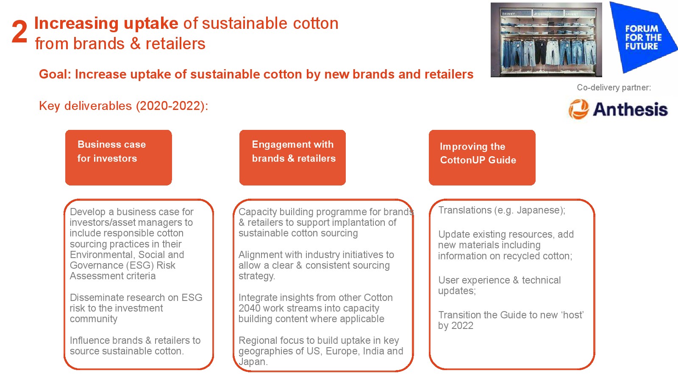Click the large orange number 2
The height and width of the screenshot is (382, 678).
click(19, 32)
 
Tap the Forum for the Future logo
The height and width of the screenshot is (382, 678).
click(643, 37)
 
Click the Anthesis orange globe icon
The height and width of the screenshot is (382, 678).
click(578, 110)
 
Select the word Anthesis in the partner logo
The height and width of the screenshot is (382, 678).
click(630, 110)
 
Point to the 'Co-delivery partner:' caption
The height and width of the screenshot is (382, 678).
click(614, 87)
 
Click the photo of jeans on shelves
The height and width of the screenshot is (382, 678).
click(546, 40)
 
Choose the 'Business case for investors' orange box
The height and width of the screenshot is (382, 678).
click(119, 157)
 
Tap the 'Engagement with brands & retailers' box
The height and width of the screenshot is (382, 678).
click(292, 157)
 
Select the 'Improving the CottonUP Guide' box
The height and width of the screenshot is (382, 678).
click(482, 157)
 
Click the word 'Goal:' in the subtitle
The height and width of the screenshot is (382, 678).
click(55, 74)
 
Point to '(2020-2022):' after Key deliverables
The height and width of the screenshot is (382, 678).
click(172, 106)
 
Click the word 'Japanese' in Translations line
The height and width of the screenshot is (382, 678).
click(538, 210)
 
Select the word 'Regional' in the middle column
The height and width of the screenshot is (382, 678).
click(257, 340)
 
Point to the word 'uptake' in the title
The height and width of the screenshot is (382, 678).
click(151, 24)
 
